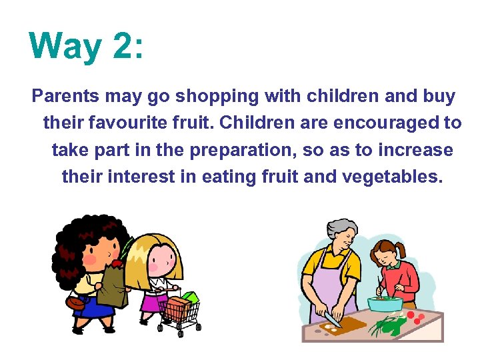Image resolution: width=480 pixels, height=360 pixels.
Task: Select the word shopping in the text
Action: (216, 97)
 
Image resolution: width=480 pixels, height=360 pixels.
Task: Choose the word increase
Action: (415, 150)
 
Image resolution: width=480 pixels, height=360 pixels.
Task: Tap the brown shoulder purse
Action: (78, 302)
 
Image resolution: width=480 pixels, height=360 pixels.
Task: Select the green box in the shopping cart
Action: (189, 297)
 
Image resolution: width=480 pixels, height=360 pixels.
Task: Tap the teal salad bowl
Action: (385, 303)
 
